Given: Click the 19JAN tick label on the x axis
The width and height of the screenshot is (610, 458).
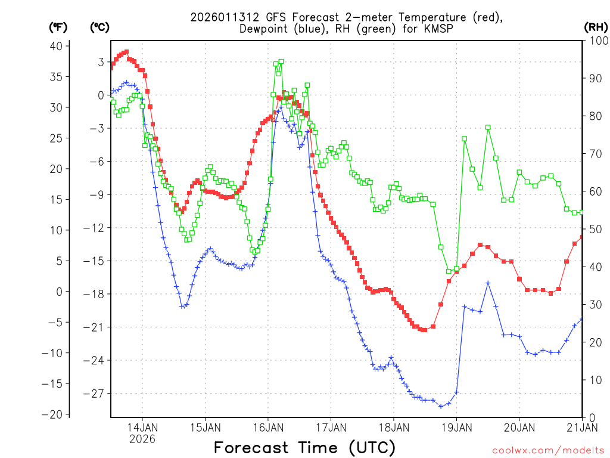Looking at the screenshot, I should click(x=456, y=427).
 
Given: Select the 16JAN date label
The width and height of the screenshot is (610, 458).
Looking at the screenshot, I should click(x=268, y=427).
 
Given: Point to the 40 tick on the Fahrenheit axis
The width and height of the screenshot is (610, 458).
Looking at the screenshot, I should click(x=56, y=46).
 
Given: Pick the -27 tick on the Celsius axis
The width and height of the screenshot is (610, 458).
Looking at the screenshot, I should click(x=97, y=394).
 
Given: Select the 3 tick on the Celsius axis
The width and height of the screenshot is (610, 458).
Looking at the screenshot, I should click(x=101, y=62).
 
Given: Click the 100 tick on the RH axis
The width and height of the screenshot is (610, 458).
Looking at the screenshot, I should click(x=595, y=41).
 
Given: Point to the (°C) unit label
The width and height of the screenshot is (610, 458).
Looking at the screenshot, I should click(x=100, y=27).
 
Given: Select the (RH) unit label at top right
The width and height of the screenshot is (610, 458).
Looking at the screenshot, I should click(x=596, y=27).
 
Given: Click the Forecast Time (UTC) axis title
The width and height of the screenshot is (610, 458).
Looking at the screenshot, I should click(x=304, y=447).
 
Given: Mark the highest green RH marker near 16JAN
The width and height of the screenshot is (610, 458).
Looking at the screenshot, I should click(x=281, y=61).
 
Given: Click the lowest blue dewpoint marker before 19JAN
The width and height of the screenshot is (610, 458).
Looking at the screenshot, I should click(x=441, y=406).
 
